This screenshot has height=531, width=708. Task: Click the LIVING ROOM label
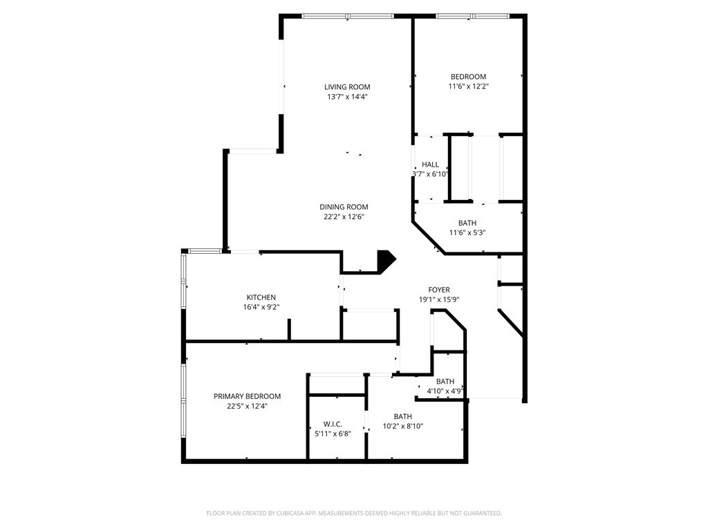pyautogui.click(x=347, y=86)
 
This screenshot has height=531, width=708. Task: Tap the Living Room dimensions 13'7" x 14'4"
pyautogui.click(x=347, y=97)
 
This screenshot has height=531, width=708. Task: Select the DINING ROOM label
pyautogui.click(x=344, y=207)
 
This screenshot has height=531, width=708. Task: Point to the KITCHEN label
pyautogui.click(x=261, y=297)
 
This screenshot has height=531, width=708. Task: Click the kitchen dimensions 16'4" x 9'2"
pyautogui.click(x=261, y=307)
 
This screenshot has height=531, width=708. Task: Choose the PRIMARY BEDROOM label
pyautogui.click(x=247, y=396)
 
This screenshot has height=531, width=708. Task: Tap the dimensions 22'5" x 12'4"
pyautogui.click(x=247, y=406)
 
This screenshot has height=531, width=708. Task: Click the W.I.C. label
pyautogui.click(x=333, y=424)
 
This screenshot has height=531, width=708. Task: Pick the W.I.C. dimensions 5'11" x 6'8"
pyautogui.click(x=333, y=434)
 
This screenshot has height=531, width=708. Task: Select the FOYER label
pyautogui.click(x=439, y=290)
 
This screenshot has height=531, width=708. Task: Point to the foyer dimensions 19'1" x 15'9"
pyautogui.click(x=439, y=299)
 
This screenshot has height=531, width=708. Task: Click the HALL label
pyautogui.click(x=430, y=165)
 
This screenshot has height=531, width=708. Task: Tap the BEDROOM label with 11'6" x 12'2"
pyautogui.click(x=468, y=76)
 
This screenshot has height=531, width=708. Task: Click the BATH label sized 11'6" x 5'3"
pyautogui.click(x=467, y=223)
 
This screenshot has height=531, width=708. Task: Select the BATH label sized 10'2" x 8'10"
pyautogui.click(x=403, y=416)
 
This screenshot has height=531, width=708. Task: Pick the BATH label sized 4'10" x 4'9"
pyautogui.click(x=445, y=381)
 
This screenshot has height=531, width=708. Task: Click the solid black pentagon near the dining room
pyautogui.click(x=386, y=260)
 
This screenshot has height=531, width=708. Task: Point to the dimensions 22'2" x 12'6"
pyautogui.click(x=344, y=216)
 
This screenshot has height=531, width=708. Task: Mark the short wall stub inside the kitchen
pyautogui.click(x=290, y=329)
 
